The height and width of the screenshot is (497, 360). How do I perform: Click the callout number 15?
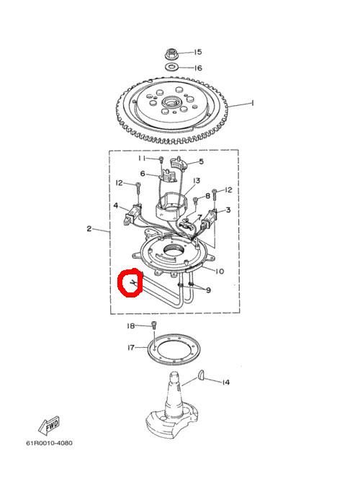point(198,52)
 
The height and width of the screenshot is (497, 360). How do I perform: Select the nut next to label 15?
point(171,53)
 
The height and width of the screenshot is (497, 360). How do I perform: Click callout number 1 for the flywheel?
point(252,103)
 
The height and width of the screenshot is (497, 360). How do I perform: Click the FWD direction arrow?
point(49,426)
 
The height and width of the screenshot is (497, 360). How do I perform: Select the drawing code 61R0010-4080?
point(49,443)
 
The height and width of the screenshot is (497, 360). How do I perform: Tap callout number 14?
point(225,382)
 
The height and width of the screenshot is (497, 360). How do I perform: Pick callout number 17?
point(131,347)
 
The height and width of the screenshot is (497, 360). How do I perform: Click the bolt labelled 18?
point(154,326)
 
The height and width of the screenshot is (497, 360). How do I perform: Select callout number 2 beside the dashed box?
point(89,228)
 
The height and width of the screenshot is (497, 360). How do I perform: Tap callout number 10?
point(220,272)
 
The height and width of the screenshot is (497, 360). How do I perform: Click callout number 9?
point(208,290)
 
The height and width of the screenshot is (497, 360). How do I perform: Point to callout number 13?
point(197,180)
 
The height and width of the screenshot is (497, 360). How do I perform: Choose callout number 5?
point(202,161)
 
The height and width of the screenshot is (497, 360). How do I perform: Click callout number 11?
point(142,158)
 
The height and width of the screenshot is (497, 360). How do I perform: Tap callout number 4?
point(116,206)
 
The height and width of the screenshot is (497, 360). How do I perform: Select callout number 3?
point(228,210)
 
